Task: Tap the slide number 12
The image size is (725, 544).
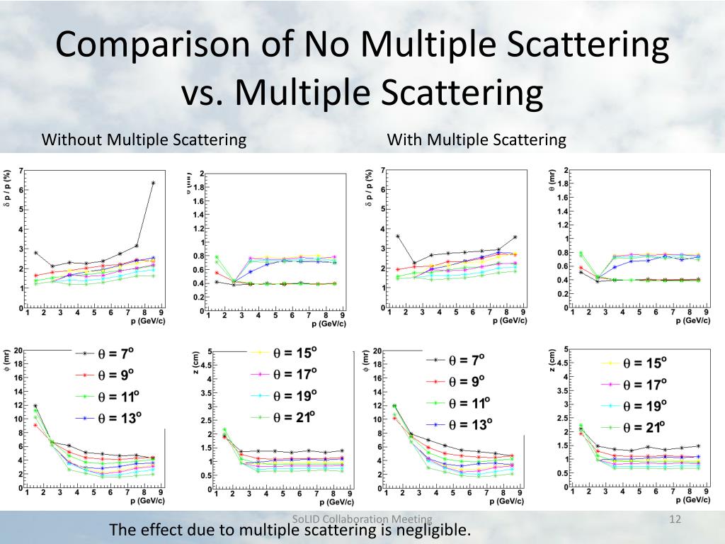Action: (675, 521)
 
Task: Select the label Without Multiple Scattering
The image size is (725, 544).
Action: (144, 140)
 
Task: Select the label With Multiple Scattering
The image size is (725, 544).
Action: (476, 140)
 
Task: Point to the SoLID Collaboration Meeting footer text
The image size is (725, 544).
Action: (362, 519)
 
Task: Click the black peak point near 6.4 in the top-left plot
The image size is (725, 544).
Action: (153, 183)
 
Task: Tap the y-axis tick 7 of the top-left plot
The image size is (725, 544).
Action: (21, 171)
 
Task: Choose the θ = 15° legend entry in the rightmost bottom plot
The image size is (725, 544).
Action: (644, 363)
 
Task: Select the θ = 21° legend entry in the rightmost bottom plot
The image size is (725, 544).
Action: (644, 427)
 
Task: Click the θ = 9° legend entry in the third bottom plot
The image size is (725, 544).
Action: (466, 381)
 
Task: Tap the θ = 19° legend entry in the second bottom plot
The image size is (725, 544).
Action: (295, 395)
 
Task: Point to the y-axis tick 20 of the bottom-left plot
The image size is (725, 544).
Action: (19, 351)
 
